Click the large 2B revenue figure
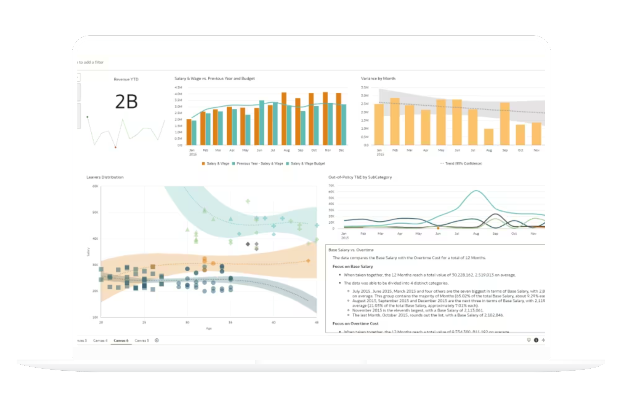tap(126, 101)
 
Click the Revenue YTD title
tap(126, 79)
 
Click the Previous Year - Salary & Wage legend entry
tap(259, 163)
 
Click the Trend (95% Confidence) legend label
tap(463, 163)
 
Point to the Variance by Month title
tap(378, 78)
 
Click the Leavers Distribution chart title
tap(105, 177)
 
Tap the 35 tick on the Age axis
tap(230, 322)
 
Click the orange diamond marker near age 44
tap(308, 261)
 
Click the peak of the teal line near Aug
tap(476, 191)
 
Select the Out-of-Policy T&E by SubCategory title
tap(360, 177)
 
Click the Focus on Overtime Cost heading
tap(355, 323)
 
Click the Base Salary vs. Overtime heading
tap(351, 250)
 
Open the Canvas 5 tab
tap(142, 340)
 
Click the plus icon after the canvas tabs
tap(157, 340)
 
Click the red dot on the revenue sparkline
tap(115, 147)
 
